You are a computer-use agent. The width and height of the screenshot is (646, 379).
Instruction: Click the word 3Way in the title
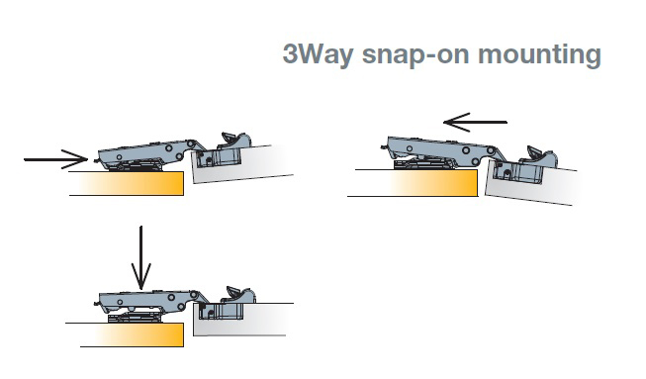[319, 54]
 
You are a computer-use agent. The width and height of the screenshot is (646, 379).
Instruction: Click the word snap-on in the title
[415, 54]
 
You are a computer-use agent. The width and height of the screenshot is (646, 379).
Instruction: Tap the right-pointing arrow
[56, 159]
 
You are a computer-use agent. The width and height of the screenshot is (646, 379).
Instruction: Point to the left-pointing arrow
[475, 122]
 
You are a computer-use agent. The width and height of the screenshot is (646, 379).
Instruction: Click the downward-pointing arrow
[140, 258]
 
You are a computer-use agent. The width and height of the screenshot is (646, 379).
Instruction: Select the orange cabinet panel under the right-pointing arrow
[127, 183]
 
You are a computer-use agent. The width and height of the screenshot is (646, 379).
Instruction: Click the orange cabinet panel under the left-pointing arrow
[413, 183]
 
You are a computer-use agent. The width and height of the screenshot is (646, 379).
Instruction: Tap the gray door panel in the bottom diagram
[243, 320]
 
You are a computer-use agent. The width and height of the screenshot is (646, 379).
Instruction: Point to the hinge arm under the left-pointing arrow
[441, 150]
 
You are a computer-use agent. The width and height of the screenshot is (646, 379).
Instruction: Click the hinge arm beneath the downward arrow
[148, 300]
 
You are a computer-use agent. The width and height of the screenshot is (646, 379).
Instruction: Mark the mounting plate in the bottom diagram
[134, 318]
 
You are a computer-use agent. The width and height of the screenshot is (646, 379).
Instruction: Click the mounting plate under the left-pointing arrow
[424, 165]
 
